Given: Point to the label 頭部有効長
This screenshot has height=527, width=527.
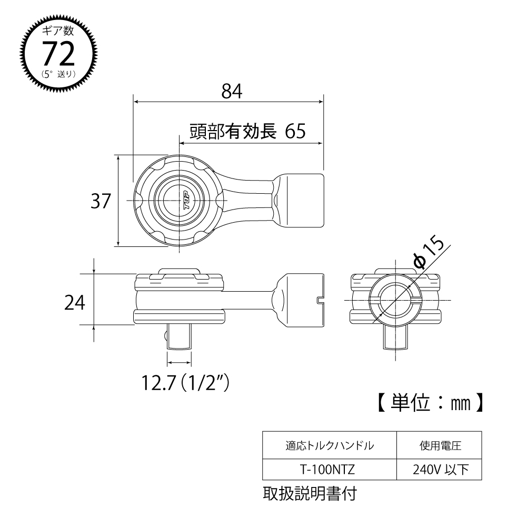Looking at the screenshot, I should coord(233,131).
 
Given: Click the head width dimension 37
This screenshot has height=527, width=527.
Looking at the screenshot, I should coord(101,201).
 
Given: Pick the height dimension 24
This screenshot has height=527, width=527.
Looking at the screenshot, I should coord(75,303).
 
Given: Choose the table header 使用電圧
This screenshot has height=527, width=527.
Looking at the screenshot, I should coord(437,445).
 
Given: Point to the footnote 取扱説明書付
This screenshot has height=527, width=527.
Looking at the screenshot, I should coord(310,494).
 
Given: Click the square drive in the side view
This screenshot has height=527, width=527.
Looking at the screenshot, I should coord(179,336).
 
